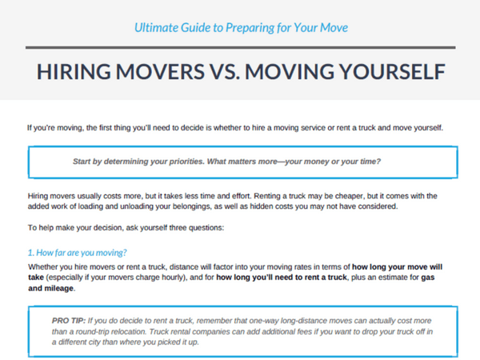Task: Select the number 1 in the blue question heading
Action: coord(30,253)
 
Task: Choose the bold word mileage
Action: coord(60,288)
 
